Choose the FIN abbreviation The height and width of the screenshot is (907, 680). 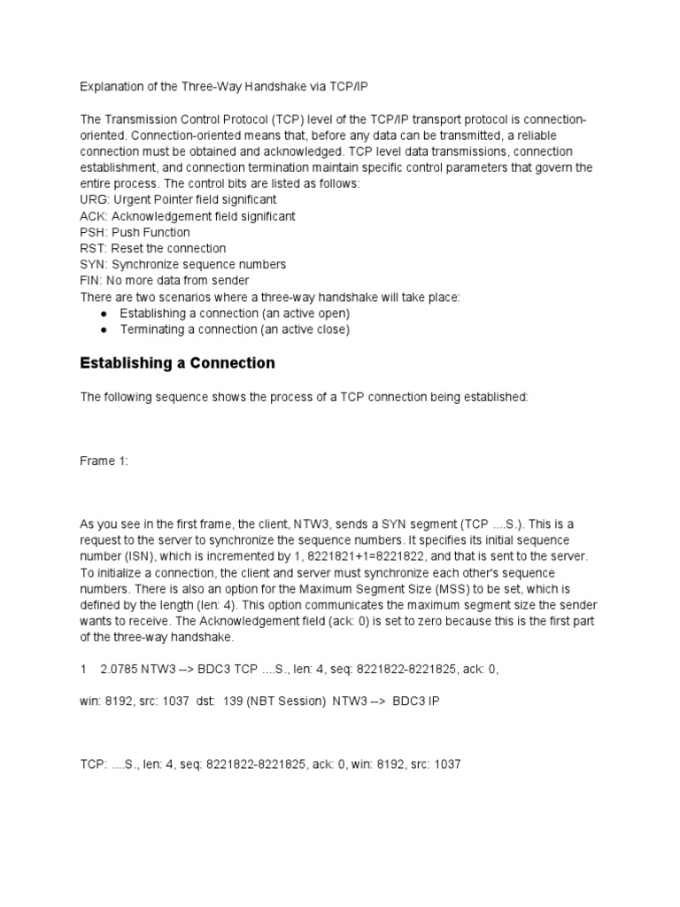click(91, 281)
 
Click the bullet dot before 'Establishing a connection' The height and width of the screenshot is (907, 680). click(104, 314)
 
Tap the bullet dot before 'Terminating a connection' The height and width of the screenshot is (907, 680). click(104, 329)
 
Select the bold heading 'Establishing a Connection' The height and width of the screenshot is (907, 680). click(177, 363)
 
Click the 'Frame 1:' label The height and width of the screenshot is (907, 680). click(104, 461)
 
